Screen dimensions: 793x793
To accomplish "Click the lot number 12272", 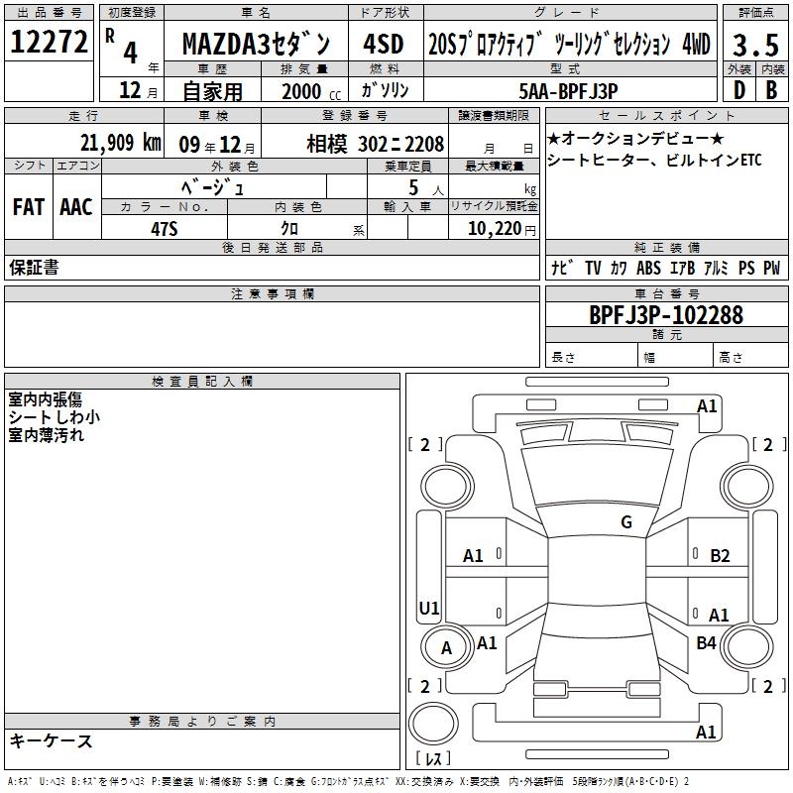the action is click(49, 42).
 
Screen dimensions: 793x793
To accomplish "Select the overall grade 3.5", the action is click(755, 45).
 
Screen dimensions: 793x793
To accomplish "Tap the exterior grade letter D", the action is click(739, 90).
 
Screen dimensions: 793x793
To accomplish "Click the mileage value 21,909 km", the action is click(121, 143).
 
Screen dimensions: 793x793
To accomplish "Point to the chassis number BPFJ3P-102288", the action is click(666, 315).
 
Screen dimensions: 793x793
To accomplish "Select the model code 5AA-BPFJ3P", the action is click(568, 91).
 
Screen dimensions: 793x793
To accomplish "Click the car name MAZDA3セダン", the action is click(256, 44).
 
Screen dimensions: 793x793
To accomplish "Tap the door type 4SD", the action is click(384, 44).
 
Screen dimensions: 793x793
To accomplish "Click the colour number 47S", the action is click(165, 229).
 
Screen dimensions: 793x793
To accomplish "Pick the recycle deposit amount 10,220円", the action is click(502, 229).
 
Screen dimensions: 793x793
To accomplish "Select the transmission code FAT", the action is click(29, 207).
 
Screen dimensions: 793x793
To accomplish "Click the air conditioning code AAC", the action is click(76, 207).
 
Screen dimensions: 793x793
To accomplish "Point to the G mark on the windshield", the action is click(626, 522).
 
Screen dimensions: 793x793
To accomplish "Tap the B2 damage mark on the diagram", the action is click(720, 556).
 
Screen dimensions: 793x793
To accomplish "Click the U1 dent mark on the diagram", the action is click(429, 608).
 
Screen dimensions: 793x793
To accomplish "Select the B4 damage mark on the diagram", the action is click(706, 643).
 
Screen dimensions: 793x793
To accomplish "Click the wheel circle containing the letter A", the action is click(425, 648).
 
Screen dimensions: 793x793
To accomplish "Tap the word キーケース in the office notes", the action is click(52, 741).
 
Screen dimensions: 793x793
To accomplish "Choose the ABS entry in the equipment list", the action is click(648, 268).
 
